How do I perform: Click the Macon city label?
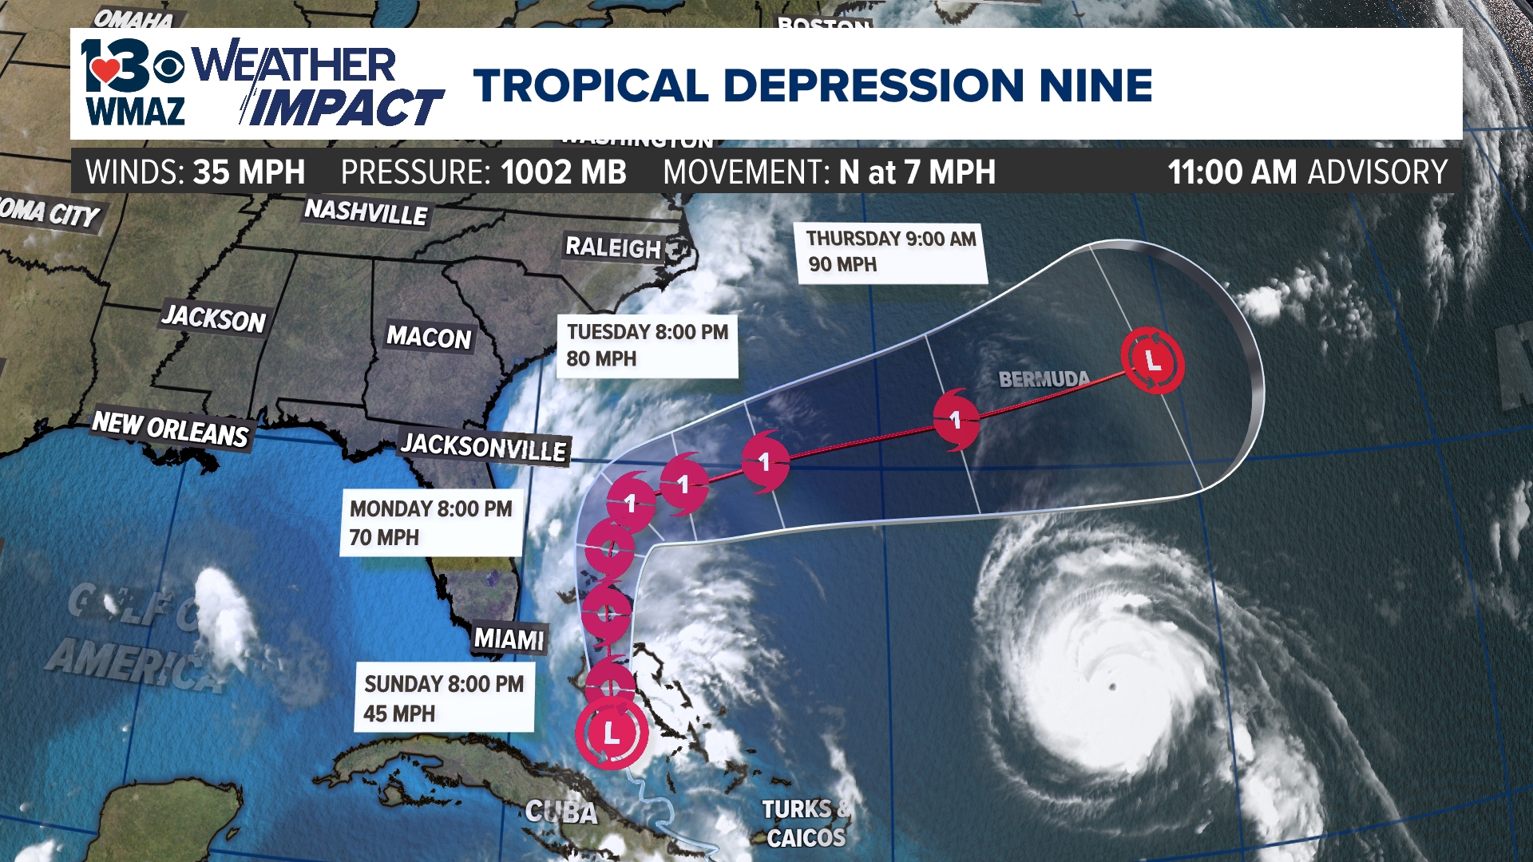429,337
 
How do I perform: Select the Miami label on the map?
509,639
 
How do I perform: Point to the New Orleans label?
171,429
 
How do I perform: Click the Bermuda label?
1044,379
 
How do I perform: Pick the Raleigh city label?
613,247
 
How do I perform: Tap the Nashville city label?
366,212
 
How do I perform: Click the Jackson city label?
213,318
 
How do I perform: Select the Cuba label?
561,813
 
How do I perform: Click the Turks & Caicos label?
806,824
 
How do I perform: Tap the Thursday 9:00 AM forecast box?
891,251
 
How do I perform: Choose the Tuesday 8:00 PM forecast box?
647,345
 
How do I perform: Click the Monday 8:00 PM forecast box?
431,523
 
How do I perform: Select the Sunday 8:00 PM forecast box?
444,698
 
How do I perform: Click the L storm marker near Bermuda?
1152,361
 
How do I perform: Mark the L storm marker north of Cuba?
612,733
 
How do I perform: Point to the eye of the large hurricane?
1112,687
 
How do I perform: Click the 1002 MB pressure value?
564,172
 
